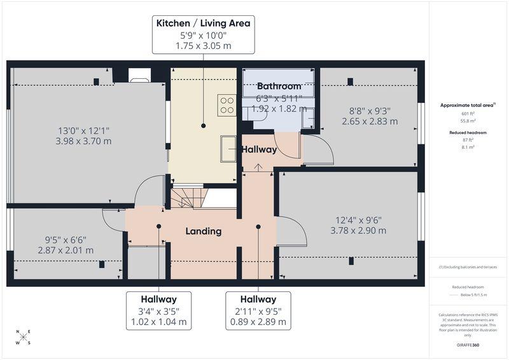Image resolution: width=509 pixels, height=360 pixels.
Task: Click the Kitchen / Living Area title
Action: pos(203,23)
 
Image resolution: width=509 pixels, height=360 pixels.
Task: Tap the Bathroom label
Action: pos(279,86)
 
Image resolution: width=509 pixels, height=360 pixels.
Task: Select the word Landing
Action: pos(204,231)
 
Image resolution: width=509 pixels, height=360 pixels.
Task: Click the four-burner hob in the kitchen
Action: pos(227,105)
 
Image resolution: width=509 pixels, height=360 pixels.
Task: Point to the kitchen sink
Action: pos(228,149)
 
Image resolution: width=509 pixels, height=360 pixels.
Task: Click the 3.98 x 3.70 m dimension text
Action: pos(83,141)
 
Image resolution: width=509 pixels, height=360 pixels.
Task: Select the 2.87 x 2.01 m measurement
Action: pos(66,250)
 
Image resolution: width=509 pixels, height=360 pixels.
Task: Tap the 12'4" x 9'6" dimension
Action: pos(358,220)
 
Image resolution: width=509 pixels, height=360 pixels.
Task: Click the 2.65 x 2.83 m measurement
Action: pos(370,121)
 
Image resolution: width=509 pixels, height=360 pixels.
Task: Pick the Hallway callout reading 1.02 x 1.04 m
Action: pos(158,310)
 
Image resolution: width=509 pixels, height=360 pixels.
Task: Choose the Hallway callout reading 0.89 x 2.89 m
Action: pos(258,310)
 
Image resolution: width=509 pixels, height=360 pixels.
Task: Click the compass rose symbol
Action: pos(24,337)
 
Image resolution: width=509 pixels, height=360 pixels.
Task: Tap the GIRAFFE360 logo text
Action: pos(468,345)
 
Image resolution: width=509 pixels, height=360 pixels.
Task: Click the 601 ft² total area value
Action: pos(468,114)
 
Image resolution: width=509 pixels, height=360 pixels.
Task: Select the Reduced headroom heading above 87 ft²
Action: pos(468,133)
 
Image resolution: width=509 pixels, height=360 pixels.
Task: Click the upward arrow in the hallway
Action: pos(258,167)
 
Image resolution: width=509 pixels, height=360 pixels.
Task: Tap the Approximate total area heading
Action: pos(468,105)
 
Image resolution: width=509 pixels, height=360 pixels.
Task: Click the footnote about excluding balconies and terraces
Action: pos(468,267)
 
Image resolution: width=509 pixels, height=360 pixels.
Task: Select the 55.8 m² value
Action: pos(468,121)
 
